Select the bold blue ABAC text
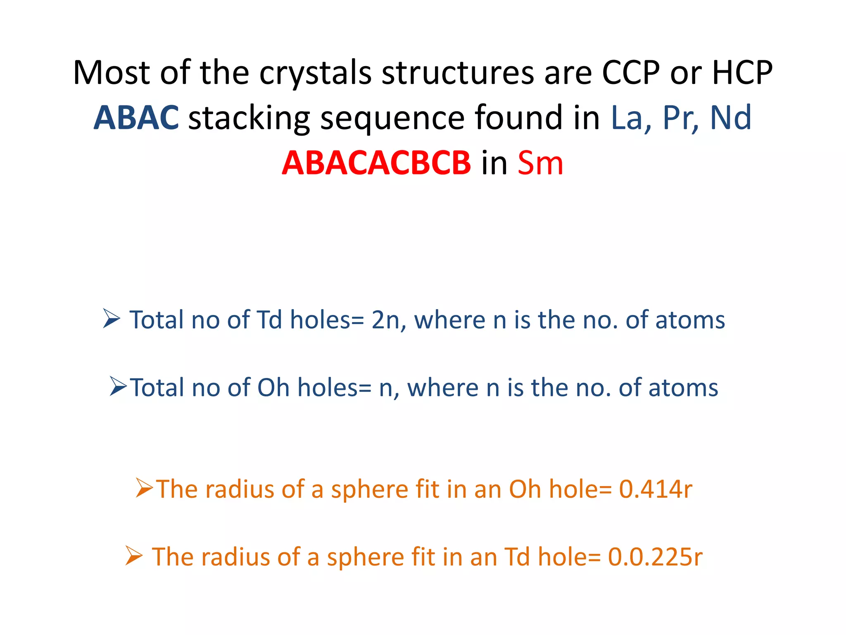tap(136, 118)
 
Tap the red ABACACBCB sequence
tap(376, 163)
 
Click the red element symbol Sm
tap(540, 163)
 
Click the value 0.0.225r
tap(655, 556)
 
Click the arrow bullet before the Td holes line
tap(111, 319)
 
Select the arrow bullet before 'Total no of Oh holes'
tap(118, 386)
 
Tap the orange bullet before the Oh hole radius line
tap(144, 488)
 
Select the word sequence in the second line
tap(392, 119)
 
